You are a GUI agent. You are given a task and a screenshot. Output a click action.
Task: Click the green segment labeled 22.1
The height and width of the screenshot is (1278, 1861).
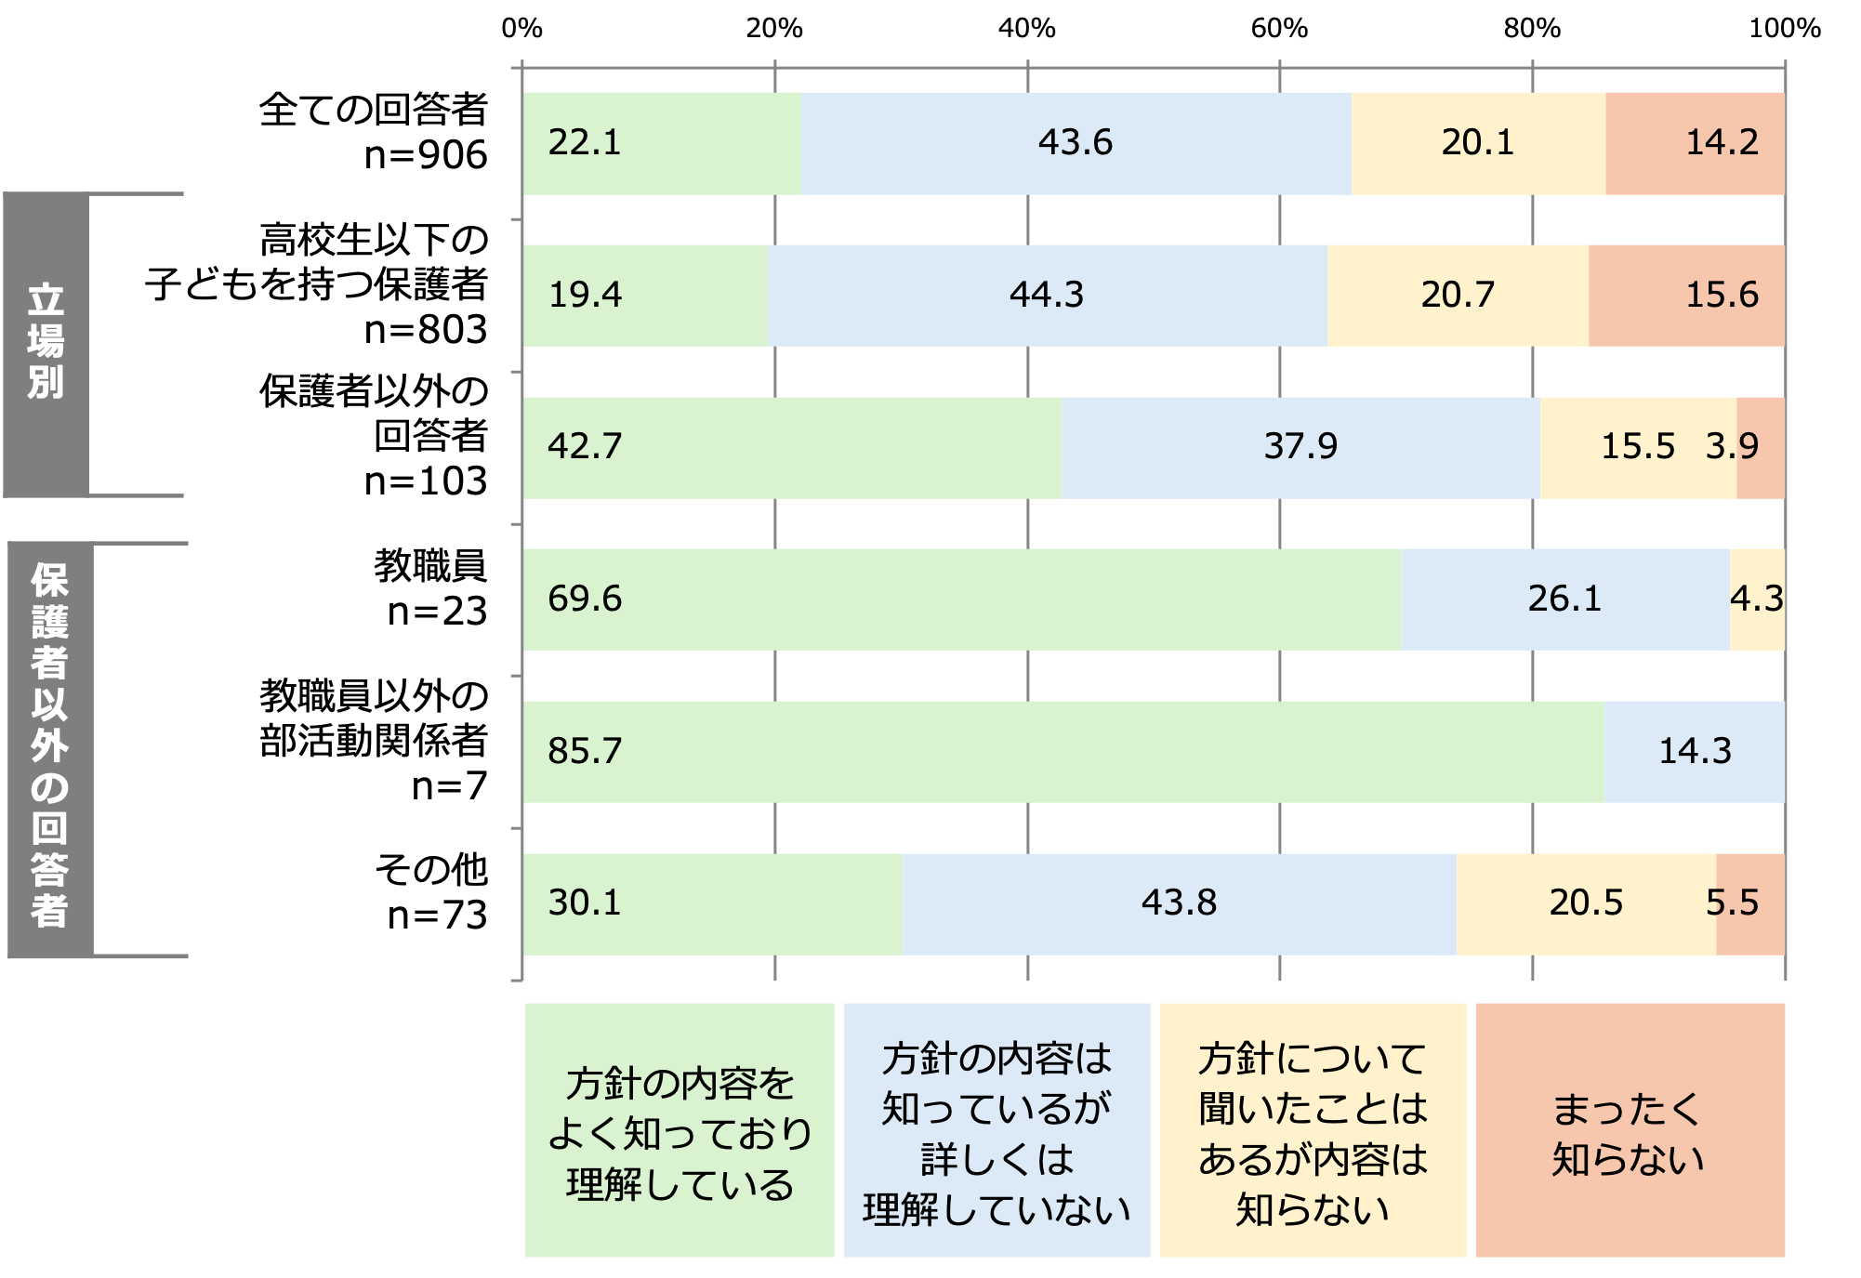(x=662, y=143)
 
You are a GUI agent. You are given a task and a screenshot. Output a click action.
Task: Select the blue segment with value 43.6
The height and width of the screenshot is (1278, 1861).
(x=1076, y=143)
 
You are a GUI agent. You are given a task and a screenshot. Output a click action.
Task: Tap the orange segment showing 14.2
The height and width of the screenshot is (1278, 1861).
(x=1694, y=143)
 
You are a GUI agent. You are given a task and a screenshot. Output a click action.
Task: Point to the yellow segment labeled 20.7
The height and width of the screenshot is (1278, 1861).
(x=1458, y=296)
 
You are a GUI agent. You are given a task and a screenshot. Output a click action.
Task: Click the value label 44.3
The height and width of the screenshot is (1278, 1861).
(x=1047, y=296)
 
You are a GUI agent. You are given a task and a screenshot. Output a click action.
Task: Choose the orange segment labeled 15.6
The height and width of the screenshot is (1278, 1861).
(x=1686, y=296)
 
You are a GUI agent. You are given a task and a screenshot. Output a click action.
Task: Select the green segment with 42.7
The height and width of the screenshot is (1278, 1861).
(x=792, y=447)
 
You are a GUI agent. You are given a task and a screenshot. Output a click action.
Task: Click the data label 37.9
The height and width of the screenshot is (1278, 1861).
(x=1300, y=447)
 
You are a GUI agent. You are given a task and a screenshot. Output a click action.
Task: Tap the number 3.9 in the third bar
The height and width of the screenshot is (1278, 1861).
(x=1732, y=447)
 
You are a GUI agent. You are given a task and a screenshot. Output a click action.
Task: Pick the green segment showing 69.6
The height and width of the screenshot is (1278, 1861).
(x=962, y=599)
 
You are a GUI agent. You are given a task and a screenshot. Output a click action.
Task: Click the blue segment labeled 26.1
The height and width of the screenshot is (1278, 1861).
(x=1564, y=599)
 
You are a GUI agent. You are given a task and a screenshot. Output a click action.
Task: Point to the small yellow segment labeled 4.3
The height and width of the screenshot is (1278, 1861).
(x=1757, y=599)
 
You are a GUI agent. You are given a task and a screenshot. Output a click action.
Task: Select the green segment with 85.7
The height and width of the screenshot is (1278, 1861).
(x=1063, y=751)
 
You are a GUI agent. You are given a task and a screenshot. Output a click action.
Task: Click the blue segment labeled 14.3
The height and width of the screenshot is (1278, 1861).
(x=1694, y=751)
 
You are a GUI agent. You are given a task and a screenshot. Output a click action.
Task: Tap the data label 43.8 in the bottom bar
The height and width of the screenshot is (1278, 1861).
(x=1179, y=903)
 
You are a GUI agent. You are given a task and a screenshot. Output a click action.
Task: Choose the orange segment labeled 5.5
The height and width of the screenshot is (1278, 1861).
(x=1749, y=903)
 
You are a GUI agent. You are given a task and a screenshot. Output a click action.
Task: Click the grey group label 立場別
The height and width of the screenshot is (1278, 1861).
(x=46, y=344)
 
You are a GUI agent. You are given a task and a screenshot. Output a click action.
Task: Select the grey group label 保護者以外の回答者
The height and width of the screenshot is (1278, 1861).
(x=50, y=749)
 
